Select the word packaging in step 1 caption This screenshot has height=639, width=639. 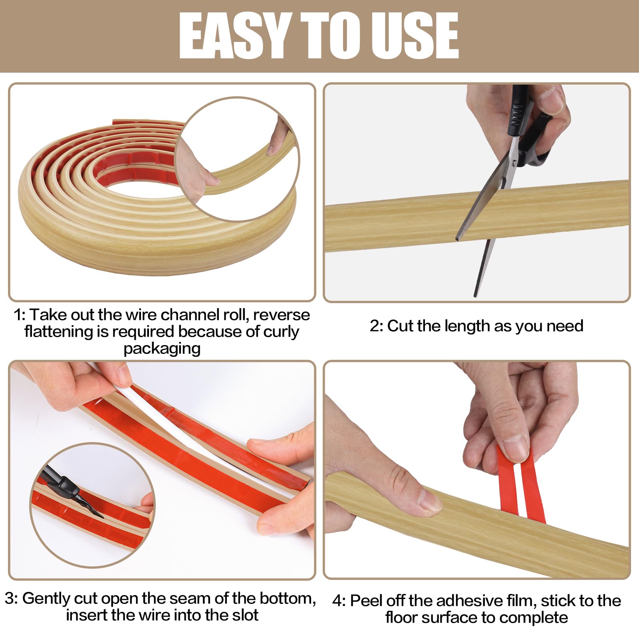coord(162,349)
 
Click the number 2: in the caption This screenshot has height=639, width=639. coord(376,326)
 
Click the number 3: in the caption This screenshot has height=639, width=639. coord(12,598)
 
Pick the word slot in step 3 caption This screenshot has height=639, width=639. coord(244,615)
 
